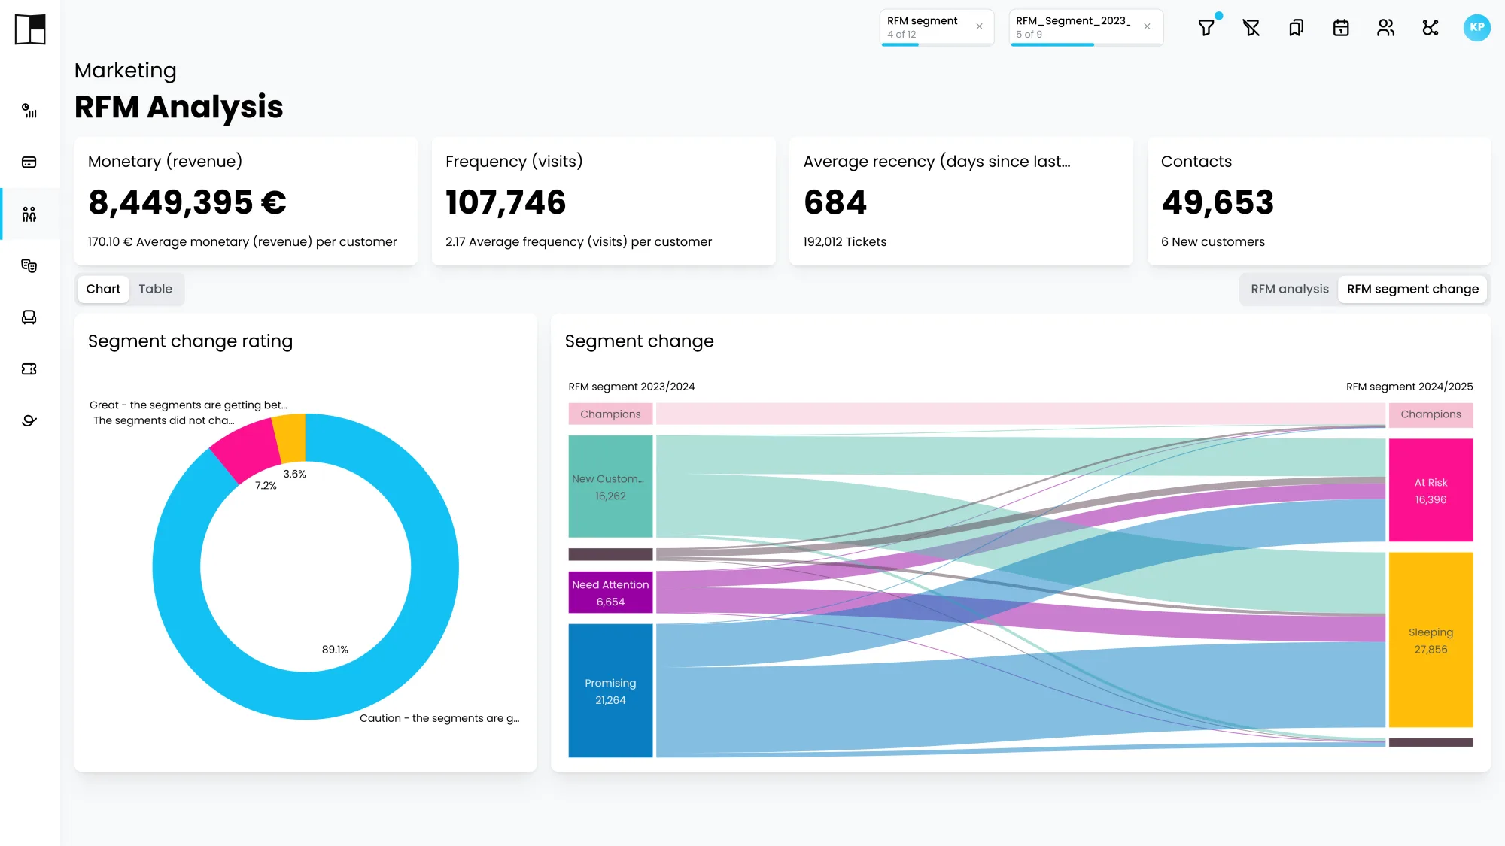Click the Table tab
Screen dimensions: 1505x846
(155, 289)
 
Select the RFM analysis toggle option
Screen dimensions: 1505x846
(1290, 289)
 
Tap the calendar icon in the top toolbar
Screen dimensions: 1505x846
(1341, 28)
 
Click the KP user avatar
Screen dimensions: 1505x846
(1476, 28)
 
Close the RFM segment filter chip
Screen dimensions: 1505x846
(979, 26)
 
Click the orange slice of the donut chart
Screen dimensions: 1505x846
(290, 438)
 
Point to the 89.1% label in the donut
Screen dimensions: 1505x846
(335, 650)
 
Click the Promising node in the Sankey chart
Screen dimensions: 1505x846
(610, 690)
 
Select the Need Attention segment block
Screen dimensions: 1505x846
(610, 593)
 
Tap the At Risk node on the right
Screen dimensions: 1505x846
(1431, 490)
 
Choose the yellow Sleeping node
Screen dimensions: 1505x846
(1431, 640)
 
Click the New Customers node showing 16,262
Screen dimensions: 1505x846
(610, 487)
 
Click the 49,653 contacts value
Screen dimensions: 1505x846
(1218, 202)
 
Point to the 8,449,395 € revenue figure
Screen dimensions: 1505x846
(187, 202)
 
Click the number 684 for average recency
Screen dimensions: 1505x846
(835, 202)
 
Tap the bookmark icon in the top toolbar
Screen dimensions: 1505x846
(1296, 28)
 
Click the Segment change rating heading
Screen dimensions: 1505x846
(190, 341)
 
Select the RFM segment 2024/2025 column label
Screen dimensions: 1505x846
(1409, 387)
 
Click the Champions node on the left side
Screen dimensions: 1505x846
(610, 414)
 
